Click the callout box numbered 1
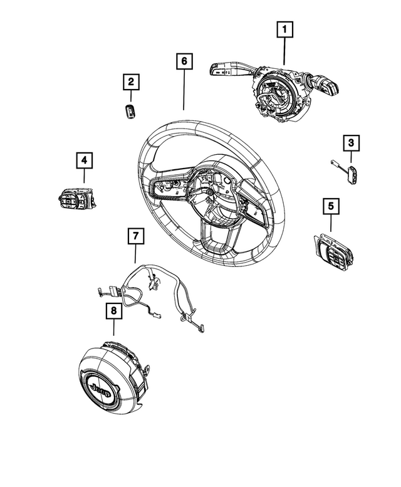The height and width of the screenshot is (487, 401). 284,29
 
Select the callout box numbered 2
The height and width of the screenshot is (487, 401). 131,81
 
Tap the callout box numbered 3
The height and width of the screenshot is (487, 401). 352,144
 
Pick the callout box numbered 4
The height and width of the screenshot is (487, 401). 83,160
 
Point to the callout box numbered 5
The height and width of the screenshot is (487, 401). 330,205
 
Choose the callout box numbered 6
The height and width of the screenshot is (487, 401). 184,61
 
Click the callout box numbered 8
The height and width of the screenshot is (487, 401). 113,310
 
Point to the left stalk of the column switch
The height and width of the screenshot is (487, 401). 224,68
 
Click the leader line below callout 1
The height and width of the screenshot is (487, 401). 284,51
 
